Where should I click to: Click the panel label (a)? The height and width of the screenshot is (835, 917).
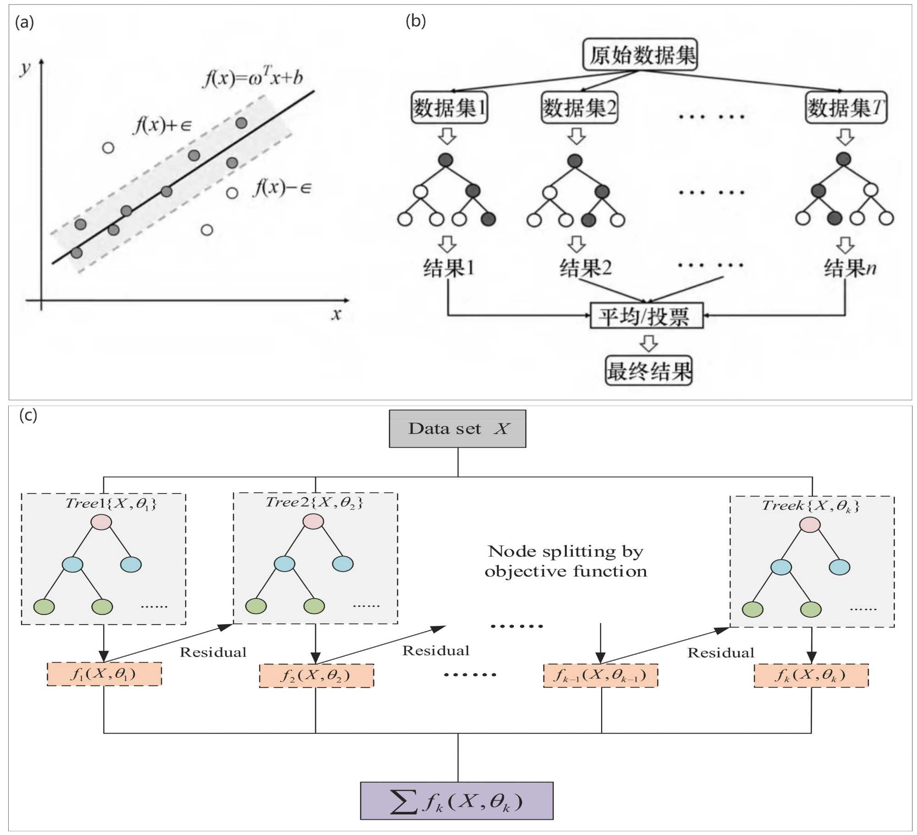[x=24, y=22]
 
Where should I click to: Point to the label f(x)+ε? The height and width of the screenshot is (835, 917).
[x=162, y=125]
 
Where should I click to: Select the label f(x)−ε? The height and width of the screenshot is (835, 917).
[x=282, y=188]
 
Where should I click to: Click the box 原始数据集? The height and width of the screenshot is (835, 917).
[x=640, y=55]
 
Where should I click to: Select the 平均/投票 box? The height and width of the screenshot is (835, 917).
[x=646, y=316]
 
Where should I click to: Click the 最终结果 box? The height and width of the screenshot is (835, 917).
[x=648, y=371]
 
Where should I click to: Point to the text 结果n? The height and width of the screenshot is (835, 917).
[x=850, y=268]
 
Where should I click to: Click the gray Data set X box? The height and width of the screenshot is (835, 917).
[x=457, y=428]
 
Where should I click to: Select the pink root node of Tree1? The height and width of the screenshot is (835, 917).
[x=101, y=522]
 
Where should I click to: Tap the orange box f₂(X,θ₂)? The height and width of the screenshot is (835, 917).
[x=316, y=676]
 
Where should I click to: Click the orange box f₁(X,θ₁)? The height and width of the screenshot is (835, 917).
[x=104, y=674]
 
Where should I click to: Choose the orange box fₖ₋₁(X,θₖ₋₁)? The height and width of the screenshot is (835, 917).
[x=600, y=675]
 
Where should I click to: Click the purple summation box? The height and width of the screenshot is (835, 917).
[x=457, y=801]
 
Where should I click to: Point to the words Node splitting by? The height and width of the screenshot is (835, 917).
[x=565, y=551]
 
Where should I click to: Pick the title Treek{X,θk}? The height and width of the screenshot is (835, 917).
[x=810, y=506]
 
